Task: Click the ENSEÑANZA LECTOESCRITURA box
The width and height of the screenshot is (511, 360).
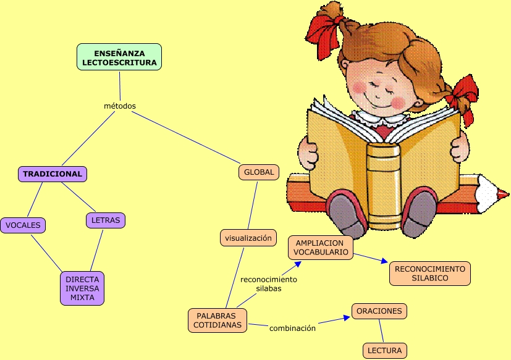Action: tap(120, 57)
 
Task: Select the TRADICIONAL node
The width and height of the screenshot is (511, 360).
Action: tap(53, 174)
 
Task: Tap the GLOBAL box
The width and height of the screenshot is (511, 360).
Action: tap(258, 172)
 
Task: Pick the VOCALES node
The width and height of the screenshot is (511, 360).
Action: tap(23, 225)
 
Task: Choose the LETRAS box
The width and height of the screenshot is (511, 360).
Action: tap(105, 220)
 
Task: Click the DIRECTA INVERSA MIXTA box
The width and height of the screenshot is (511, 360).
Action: tap(82, 288)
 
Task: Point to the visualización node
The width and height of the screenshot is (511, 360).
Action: tap(248, 238)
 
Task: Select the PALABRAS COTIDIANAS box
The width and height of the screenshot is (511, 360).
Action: tap(217, 320)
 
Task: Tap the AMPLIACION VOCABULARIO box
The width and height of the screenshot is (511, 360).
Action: tap(320, 248)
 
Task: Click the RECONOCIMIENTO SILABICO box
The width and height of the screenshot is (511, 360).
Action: tap(429, 274)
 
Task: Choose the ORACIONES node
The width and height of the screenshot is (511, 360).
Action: tap(379, 311)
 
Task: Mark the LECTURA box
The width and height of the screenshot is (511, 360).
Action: tap(384, 351)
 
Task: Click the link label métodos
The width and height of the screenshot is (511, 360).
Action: tap(120, 106)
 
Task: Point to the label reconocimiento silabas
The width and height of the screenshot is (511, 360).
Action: tap(268, 283)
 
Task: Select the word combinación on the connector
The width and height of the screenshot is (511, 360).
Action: tap(292, 328)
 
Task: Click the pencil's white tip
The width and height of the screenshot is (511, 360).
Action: tap(497, 193)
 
